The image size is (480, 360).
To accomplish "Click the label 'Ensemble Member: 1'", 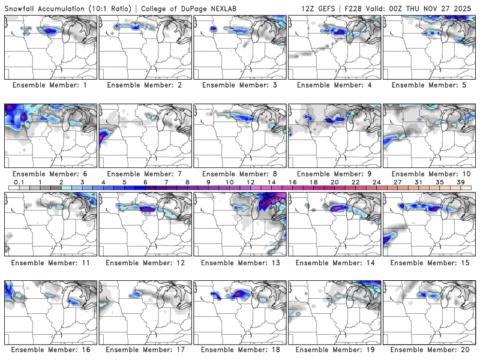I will click(x=50, y=85).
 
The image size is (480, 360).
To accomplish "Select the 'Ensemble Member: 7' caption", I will click(x=145, y=173).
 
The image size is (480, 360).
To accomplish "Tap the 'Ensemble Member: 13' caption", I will click(x=239, y=262).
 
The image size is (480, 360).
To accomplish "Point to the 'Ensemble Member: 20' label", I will click(x=428, y=350).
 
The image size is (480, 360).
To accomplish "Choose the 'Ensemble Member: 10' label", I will click(x=428, y=173).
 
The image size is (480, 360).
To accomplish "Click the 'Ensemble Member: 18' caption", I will click(x=239, y=350).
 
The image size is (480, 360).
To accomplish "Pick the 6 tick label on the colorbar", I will click(x=145, y=181).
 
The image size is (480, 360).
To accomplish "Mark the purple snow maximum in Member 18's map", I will click(x=241, y=293).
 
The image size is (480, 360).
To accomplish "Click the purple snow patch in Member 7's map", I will click(x=106, y=140).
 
